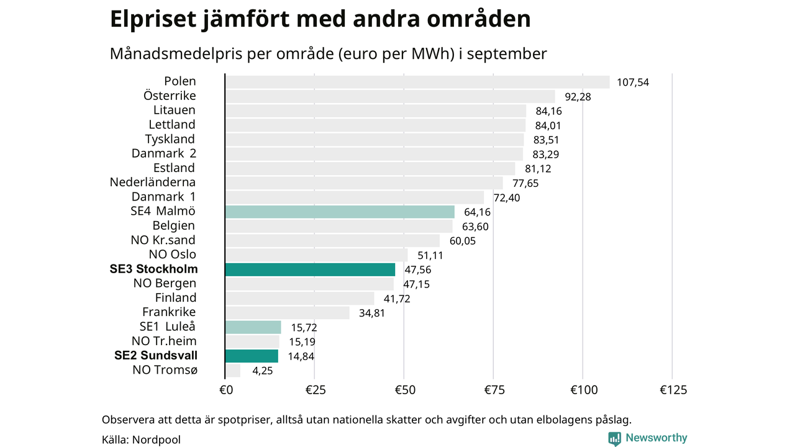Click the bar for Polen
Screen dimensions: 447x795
(417, 82)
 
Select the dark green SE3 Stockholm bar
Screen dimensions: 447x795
(310, 269)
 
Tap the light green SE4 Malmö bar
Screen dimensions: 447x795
(340, 212)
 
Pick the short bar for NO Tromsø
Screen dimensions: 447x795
(233, 371)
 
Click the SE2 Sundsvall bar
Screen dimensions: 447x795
(252, 356)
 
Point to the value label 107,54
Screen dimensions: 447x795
(633, 82)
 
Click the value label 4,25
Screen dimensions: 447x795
(261, 371)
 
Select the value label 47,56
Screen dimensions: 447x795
(417, 270)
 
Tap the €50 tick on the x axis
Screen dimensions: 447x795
(404, 390)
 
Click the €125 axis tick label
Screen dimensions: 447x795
(673, 390)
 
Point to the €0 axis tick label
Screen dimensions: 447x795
(226, 390)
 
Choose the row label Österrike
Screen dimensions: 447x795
(170, 96)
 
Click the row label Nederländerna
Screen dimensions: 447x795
(153, 183)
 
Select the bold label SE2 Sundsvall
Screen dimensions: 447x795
(156, 356)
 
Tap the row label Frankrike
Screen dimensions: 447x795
(169, 312)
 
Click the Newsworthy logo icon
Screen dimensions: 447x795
(614, 438)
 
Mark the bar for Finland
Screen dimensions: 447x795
(299, 298)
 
